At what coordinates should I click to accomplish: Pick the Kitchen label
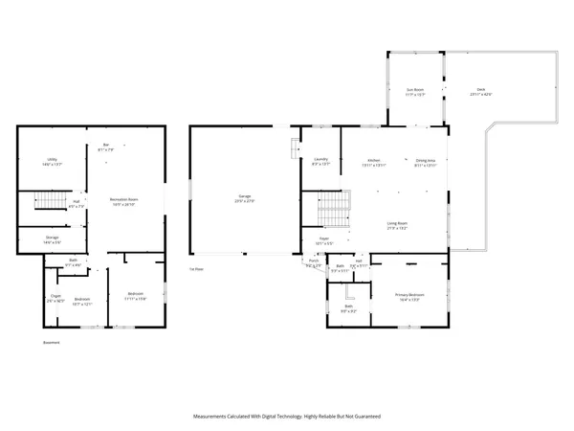[x=376, y=160]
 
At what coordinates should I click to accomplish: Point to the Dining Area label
[x=426, y=160]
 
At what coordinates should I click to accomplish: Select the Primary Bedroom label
[x=409, y=295]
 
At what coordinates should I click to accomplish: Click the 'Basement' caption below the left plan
[x=52, y=342]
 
